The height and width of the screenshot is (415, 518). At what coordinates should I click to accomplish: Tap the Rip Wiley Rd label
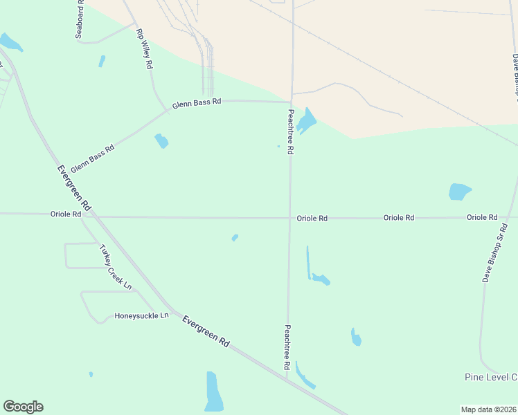[144, 49]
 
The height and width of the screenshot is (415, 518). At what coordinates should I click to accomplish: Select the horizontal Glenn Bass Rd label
[197, 102]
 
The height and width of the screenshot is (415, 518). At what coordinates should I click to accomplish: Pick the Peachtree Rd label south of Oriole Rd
[287, 347]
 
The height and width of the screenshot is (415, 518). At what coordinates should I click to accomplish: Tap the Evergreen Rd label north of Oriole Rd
[74, 187]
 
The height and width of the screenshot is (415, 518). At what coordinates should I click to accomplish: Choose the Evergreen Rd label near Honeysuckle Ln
[206, 331]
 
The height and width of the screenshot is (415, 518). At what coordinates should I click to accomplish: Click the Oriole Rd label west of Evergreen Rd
[66, 214]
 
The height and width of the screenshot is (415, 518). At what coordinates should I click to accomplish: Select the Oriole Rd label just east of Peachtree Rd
[312, 218]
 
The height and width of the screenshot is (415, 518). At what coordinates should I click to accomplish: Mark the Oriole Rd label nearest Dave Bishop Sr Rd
[482, 217]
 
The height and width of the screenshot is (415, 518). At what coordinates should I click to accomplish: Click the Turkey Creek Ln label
[115, 266]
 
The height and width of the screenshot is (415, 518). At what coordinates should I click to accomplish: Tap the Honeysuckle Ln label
[141, 315]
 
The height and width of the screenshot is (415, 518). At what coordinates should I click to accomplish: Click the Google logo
[23, 407]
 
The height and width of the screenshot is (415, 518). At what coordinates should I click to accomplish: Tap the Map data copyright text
[489, 409]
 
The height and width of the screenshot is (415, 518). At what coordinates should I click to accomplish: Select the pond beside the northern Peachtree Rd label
[306, 121]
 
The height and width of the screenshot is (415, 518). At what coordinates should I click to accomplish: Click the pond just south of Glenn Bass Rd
[161, 141]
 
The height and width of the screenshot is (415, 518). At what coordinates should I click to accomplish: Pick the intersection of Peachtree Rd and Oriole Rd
[289, 218]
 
